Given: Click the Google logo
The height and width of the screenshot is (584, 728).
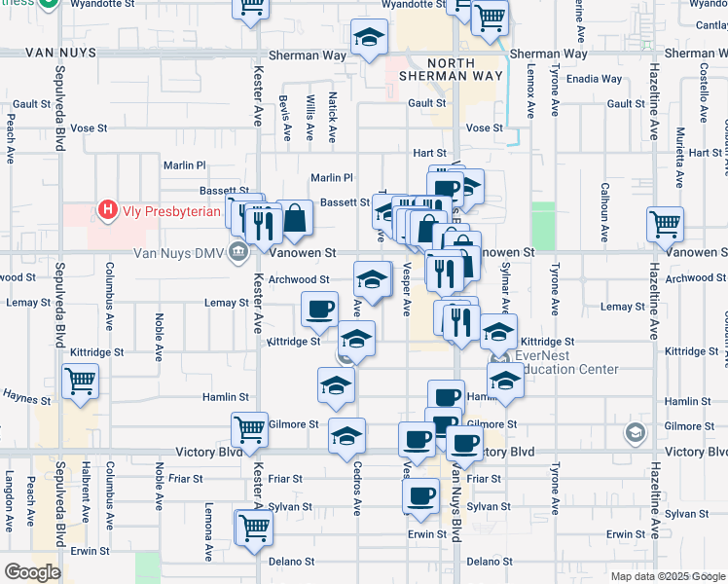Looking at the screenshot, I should click(32, 572).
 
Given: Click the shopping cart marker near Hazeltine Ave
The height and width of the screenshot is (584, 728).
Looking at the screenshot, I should click(666, 224).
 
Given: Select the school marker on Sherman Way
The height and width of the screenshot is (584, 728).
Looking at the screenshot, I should click(368, 38).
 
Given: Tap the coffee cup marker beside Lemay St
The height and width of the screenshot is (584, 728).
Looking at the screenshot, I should click(319, 309).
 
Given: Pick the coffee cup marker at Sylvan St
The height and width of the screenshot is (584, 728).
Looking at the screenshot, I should click(421, 495).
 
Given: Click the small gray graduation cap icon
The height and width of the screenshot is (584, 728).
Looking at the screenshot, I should click(636, 432).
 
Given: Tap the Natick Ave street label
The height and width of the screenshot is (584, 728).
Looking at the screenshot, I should click(333, 117).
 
